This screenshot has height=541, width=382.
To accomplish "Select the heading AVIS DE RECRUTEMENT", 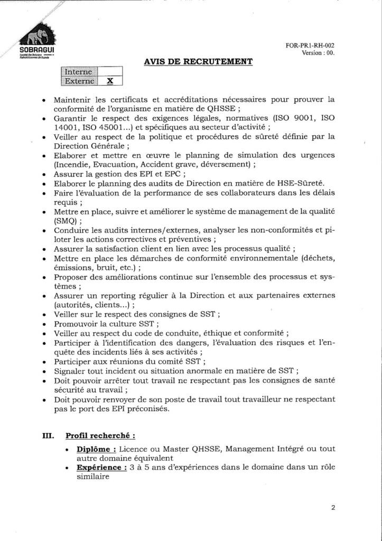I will pyautogui.click(x=198, y=62).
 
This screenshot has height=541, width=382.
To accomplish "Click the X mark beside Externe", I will pyautogui.click(x=110, y=81).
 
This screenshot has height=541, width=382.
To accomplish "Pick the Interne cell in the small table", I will pyautogui.click(x=79, y=72).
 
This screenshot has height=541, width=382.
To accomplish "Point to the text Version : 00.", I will pyautogui.click(x=318, y=53).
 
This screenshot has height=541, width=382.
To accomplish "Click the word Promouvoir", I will pyautogui.click(x=75, y=323).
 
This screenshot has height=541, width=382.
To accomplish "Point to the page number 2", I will pyautogui.click(x=333, y=508).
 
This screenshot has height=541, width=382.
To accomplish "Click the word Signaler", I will pyautogui.click(x=72, y=371).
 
